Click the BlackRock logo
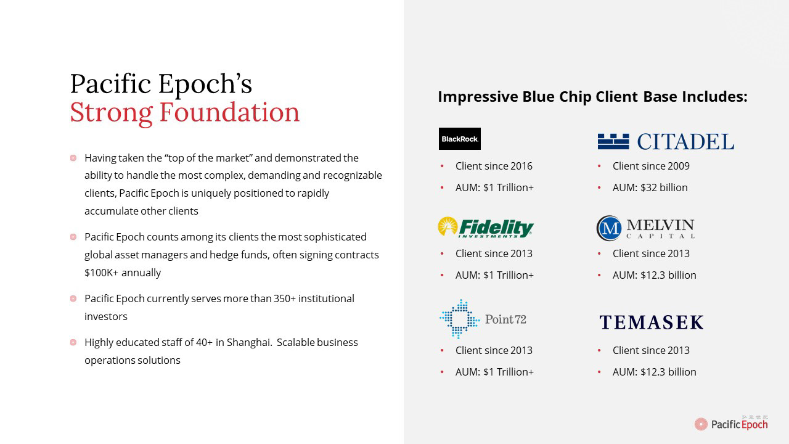click(460, 139)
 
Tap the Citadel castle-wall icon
click(613, 142)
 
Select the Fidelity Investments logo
click(486, 228)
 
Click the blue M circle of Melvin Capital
click(609, 228)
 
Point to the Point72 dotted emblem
click(459, 319)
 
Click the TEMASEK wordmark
click(652, 323)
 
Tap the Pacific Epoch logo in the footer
click(731, 423)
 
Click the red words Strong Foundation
click(184, 112)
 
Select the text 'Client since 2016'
click(494, 166)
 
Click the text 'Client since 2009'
click(651, 166)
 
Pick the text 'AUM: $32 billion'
click(650, 187)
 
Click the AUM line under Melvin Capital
click(654, 275)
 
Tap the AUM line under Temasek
click(654, 372)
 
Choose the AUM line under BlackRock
click(494, 187)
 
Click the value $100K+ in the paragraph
click(102, 273)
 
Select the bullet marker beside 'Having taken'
click(73, 158)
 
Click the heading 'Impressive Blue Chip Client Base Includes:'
click(593, 97)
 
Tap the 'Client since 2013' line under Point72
click(494, 350)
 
